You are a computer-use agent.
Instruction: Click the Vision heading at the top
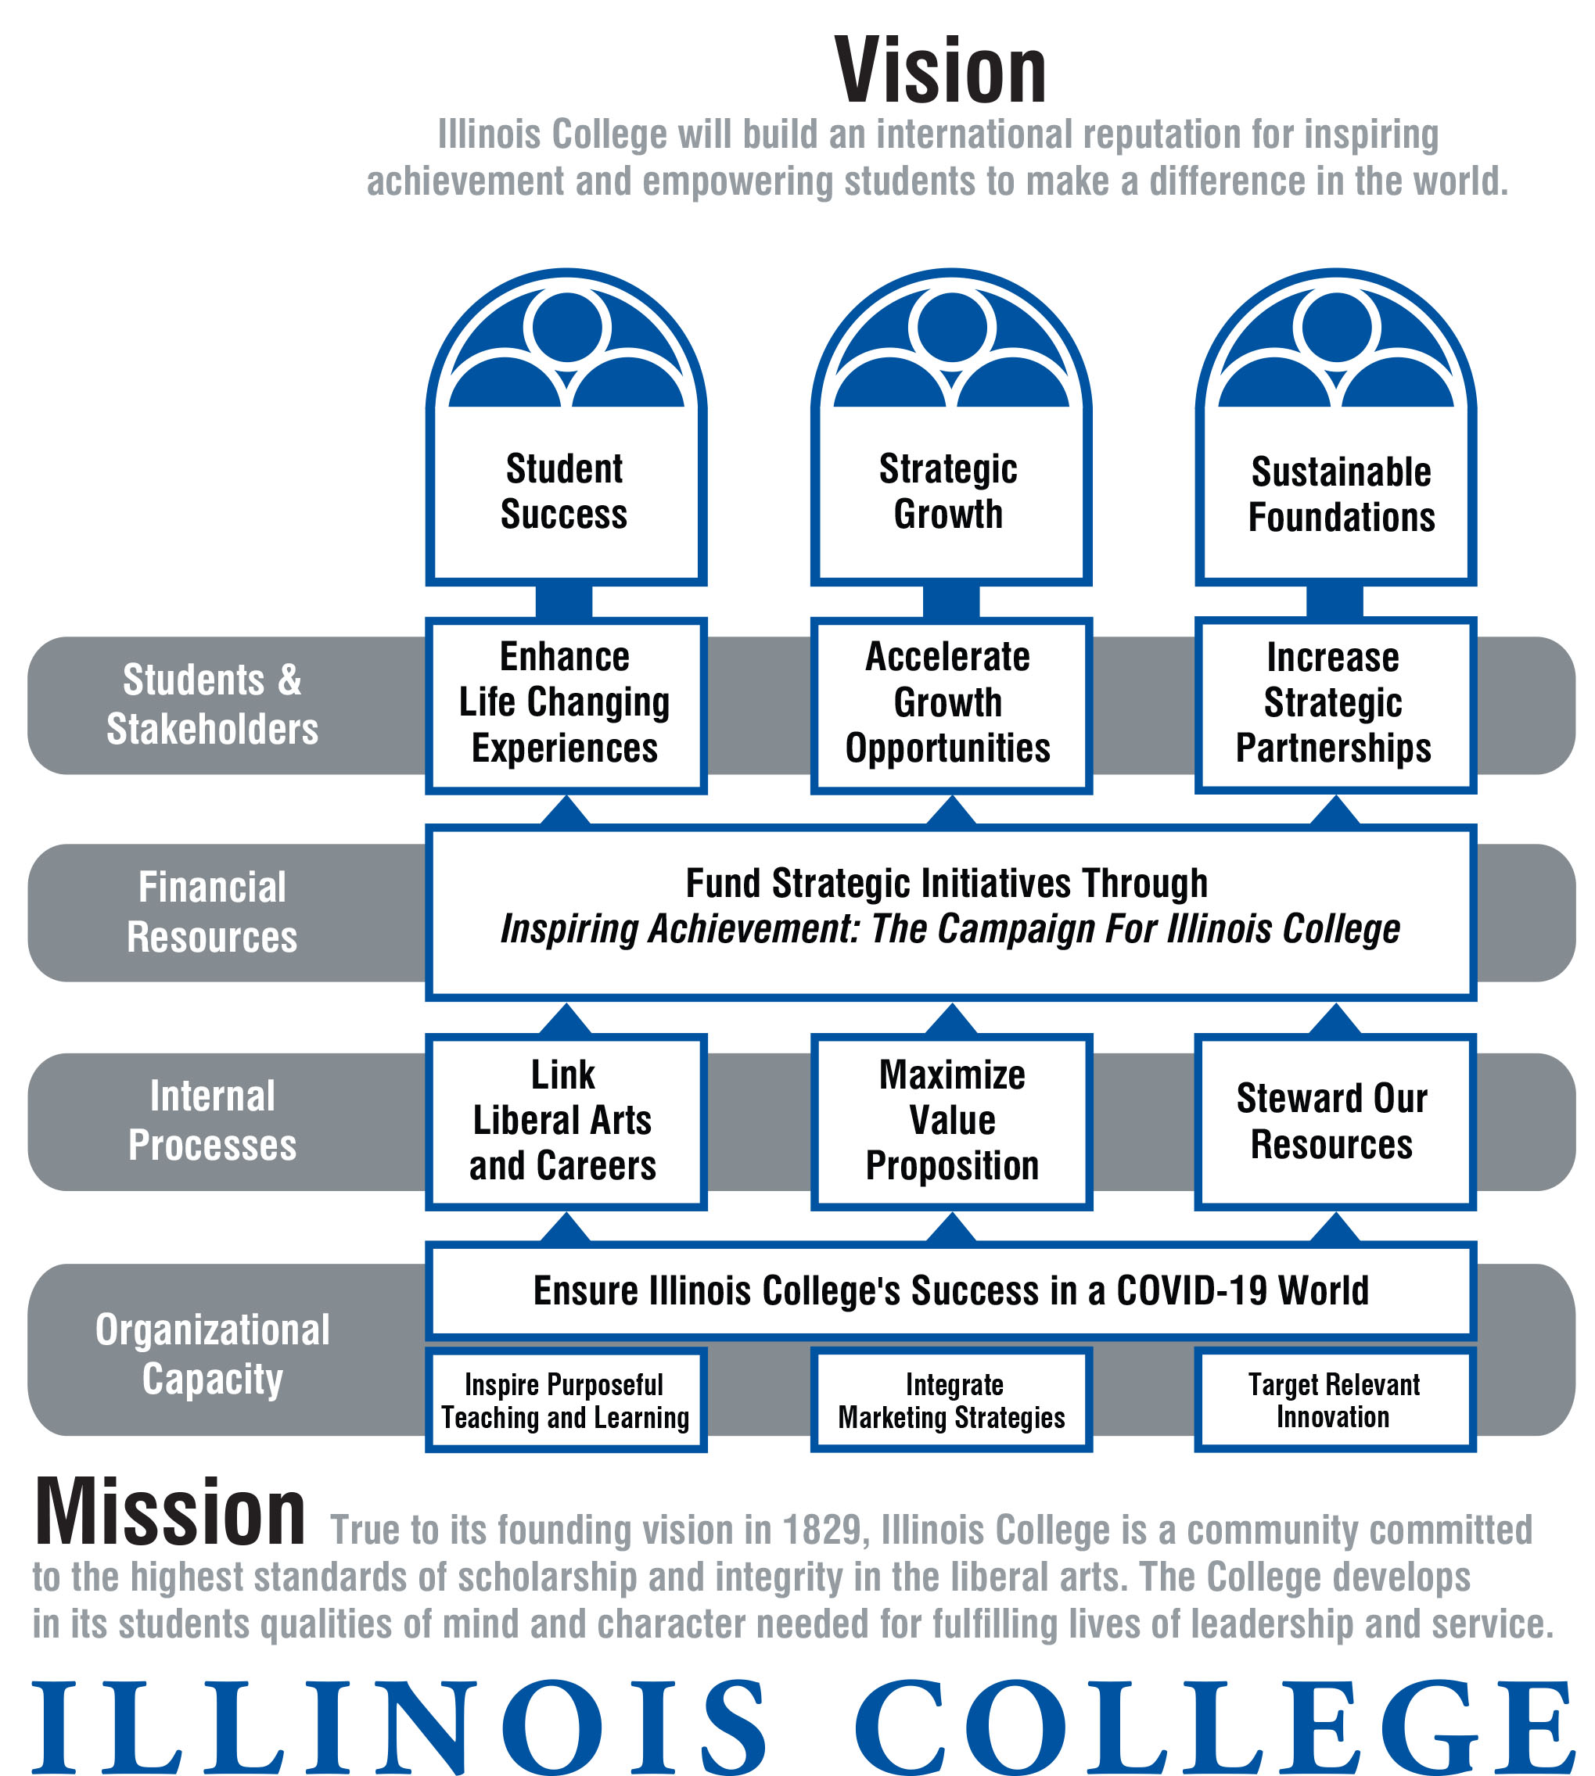pyautogui.click(x=940, y=72)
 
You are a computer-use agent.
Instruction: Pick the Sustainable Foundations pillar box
pyautogui.click(x=1335, y=495)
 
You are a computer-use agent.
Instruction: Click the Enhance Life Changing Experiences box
pyautogui.click(x=566, y=704)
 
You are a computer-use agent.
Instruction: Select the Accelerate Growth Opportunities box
pyautogui.click(x=950, y=704)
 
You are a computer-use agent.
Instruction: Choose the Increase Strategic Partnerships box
pyautogui.click(x=1335, y=704)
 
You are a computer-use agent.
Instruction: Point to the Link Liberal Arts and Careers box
pyautogui.click(x=566, y=1121)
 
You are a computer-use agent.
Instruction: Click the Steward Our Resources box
pyautogui.click(x=1334, y=1121)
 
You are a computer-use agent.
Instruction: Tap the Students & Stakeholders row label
pyautogui.click(x=212, y=705)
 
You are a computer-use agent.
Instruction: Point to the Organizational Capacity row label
pyautogui.click(x=212, y=1354)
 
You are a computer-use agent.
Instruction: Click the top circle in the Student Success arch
pyautogui.click(x=567, y=327)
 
